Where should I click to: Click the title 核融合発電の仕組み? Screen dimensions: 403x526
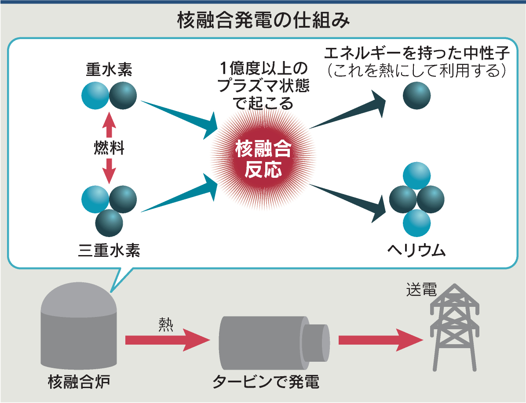[x=263, y=21]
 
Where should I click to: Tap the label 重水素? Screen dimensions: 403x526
[x=109, y=69]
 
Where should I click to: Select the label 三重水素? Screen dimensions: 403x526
[x=109, y=251]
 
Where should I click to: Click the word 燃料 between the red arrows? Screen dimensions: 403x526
[x=109, y=148]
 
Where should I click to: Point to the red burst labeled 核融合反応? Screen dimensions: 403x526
[x=263, y=158]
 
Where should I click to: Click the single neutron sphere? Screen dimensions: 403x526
[x=416, y=96]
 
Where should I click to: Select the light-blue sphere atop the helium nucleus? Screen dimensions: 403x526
[x=416, y=176]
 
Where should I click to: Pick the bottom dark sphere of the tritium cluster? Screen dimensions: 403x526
[x=109, y=222]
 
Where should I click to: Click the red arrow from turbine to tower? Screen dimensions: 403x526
[x=378, y=340]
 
